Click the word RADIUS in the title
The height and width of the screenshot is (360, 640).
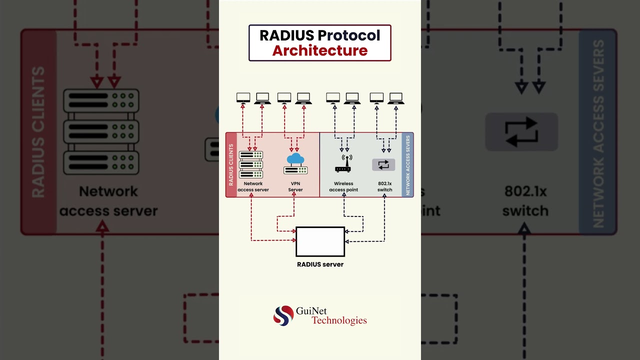286,35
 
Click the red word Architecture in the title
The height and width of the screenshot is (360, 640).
320,50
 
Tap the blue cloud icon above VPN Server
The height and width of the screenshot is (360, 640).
295,159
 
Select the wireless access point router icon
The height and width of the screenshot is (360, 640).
343,163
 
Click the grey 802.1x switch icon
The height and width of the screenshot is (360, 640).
383,164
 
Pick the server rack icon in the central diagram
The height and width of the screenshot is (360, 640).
251,164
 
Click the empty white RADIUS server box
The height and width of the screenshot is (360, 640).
320,241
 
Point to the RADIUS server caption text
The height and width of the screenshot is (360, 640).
320,264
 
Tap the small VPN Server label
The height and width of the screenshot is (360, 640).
295,187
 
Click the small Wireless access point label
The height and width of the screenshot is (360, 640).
343,187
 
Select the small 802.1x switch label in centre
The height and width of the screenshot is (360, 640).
384,187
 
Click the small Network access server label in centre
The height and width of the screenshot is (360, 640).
253,187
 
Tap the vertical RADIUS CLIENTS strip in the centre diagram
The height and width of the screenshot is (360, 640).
231,164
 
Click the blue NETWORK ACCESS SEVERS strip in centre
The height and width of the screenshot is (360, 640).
407,164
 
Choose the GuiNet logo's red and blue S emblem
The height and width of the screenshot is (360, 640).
283,315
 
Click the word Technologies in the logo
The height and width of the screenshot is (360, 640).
339,320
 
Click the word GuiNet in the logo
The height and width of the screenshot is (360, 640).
311,311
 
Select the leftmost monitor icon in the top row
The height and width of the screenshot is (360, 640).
243,97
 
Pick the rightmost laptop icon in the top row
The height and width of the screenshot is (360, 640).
395,97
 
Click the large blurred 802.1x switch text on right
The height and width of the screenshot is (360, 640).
525,201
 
